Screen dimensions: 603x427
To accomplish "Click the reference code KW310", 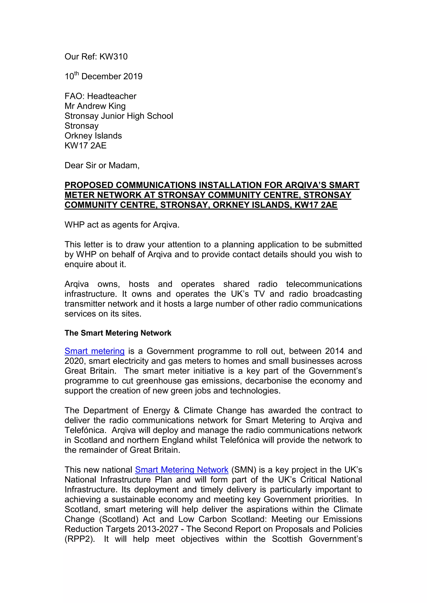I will pos(113,56).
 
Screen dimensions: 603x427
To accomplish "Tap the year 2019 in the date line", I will pos(133,76).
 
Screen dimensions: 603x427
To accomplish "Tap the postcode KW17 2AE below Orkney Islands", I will pos(85,146).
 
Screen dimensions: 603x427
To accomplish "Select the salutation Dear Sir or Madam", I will pos(102,166).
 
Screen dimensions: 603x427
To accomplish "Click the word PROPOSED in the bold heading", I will pos(89,185).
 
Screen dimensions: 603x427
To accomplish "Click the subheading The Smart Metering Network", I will pos(118,333).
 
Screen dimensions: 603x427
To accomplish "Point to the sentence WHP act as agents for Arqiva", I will pos(122,225).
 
